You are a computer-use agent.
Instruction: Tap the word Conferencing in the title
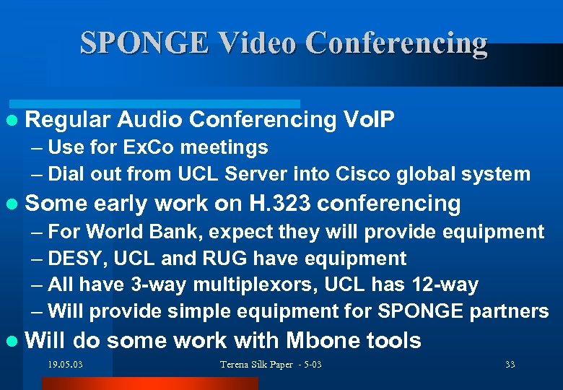(397, 43)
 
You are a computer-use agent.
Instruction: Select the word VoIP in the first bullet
(369, 120)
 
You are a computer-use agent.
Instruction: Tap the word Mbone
(317, 341)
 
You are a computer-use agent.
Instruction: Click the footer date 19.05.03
(66, 365)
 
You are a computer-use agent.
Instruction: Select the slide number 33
(510, 365)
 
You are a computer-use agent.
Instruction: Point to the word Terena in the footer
(236, 365)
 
